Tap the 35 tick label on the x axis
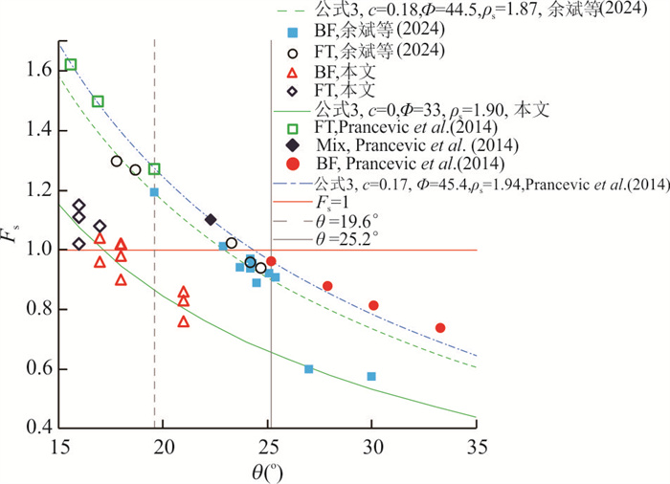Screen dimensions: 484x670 [476, 446]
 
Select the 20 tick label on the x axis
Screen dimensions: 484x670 [164, 446]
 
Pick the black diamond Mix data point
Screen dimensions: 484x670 [211, 220]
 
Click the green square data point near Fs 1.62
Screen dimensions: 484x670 [71, 65]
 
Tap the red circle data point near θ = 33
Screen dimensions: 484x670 [440, 328]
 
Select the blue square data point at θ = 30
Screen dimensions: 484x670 [371, 377]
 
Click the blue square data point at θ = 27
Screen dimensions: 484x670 [308, 369]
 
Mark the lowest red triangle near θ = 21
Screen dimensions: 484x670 [184, 321]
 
